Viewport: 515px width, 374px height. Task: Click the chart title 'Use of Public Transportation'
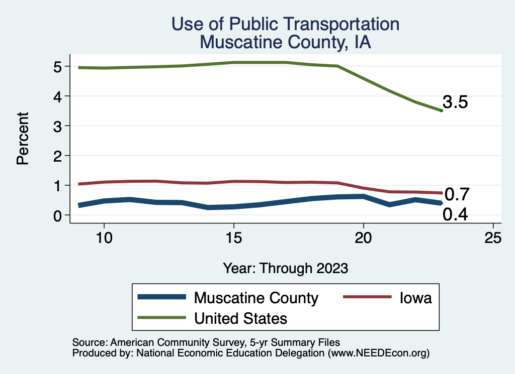pos(285,24)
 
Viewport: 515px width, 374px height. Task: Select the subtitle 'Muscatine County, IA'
pos(285,42)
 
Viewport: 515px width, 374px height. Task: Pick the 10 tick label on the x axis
pos(104,238)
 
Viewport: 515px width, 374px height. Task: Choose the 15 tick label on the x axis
pos(233,238)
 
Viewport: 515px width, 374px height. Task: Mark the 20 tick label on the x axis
pos(363,238)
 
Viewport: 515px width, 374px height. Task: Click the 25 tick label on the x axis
pos(493,238)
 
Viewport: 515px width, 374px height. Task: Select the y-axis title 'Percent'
pos(22,141)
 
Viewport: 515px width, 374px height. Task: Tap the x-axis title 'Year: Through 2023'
pos(285,268)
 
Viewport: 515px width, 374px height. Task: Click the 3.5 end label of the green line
pos(455,102)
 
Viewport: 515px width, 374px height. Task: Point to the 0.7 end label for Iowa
pos(457,194)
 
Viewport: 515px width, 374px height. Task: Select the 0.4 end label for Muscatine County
pos(455,215)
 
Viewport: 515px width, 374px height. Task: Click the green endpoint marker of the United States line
pos(441,110)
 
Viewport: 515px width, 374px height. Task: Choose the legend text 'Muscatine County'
pos(256,298)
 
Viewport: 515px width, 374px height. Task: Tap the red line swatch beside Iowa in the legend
pos(367,297)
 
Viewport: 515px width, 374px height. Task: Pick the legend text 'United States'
pos(241,318)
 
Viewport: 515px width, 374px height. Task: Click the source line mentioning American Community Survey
pos(206,342)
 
